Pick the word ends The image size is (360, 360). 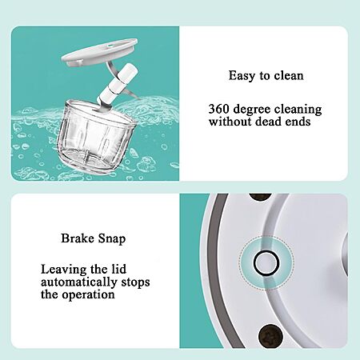[297, 122]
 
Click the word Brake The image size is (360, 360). [78, 238]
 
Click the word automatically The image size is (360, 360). [78, 282]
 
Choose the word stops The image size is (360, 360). [135, 282]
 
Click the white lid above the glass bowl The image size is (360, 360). [99, 53]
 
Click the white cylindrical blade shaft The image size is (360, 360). [118, 84]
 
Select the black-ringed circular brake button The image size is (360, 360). [266, 262]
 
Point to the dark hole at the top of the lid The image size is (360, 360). [260, 198]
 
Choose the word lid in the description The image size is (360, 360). [118, 269]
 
